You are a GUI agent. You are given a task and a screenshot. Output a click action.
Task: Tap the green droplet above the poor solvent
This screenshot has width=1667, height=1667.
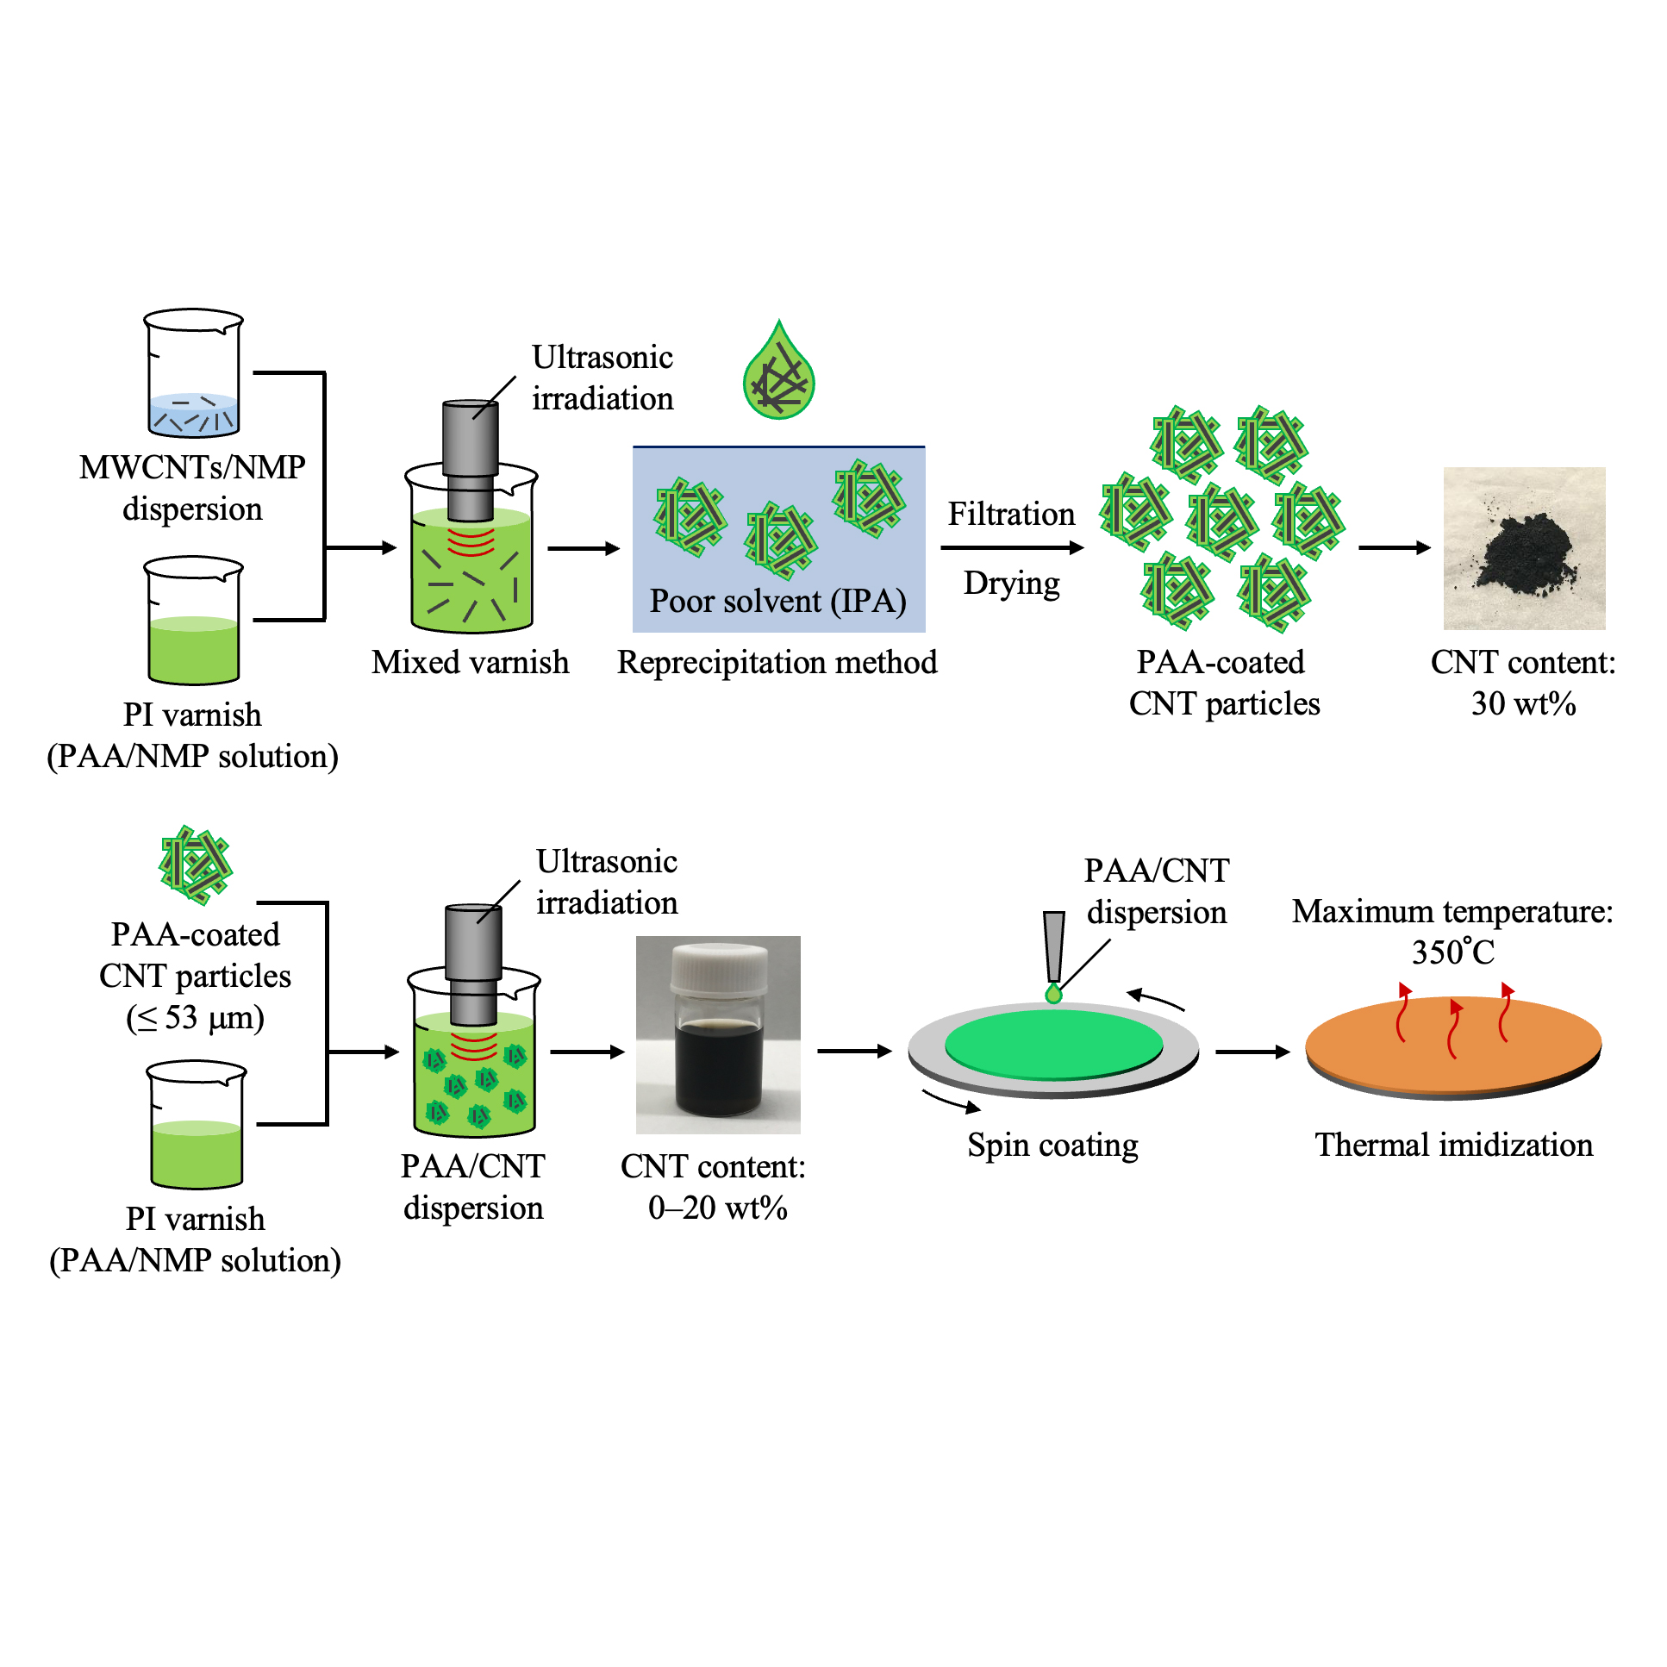778,375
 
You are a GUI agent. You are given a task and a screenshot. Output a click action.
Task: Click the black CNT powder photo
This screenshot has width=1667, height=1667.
1524,548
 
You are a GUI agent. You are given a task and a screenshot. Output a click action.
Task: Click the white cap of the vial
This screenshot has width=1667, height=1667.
718,966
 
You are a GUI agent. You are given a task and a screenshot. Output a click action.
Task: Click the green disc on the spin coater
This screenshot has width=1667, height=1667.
1053,1045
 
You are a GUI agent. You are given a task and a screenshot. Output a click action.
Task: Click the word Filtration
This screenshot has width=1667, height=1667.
1011,515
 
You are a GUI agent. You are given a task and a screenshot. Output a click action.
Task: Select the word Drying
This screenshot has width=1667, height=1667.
1011,584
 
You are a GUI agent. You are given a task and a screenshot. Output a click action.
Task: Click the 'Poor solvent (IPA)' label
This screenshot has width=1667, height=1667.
777,602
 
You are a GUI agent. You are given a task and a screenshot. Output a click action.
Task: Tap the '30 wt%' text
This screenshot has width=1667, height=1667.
1523,704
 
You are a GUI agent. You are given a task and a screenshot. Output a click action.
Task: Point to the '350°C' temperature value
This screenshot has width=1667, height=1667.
1453,952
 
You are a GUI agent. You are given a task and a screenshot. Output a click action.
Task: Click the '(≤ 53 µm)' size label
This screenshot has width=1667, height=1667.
195,1018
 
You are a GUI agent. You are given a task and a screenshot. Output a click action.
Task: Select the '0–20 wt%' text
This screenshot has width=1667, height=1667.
717,1208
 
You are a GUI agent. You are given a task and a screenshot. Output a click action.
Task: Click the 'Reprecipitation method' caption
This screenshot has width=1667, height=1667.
777,663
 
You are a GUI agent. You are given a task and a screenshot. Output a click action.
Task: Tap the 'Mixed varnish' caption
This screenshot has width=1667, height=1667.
471,663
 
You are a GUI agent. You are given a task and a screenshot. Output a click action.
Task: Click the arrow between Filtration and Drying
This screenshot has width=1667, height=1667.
1011,548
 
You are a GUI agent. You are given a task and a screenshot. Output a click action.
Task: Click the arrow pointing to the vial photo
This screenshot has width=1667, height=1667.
587,1052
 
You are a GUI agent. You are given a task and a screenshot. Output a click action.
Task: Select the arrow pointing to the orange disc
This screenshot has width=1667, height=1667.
1252,1052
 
